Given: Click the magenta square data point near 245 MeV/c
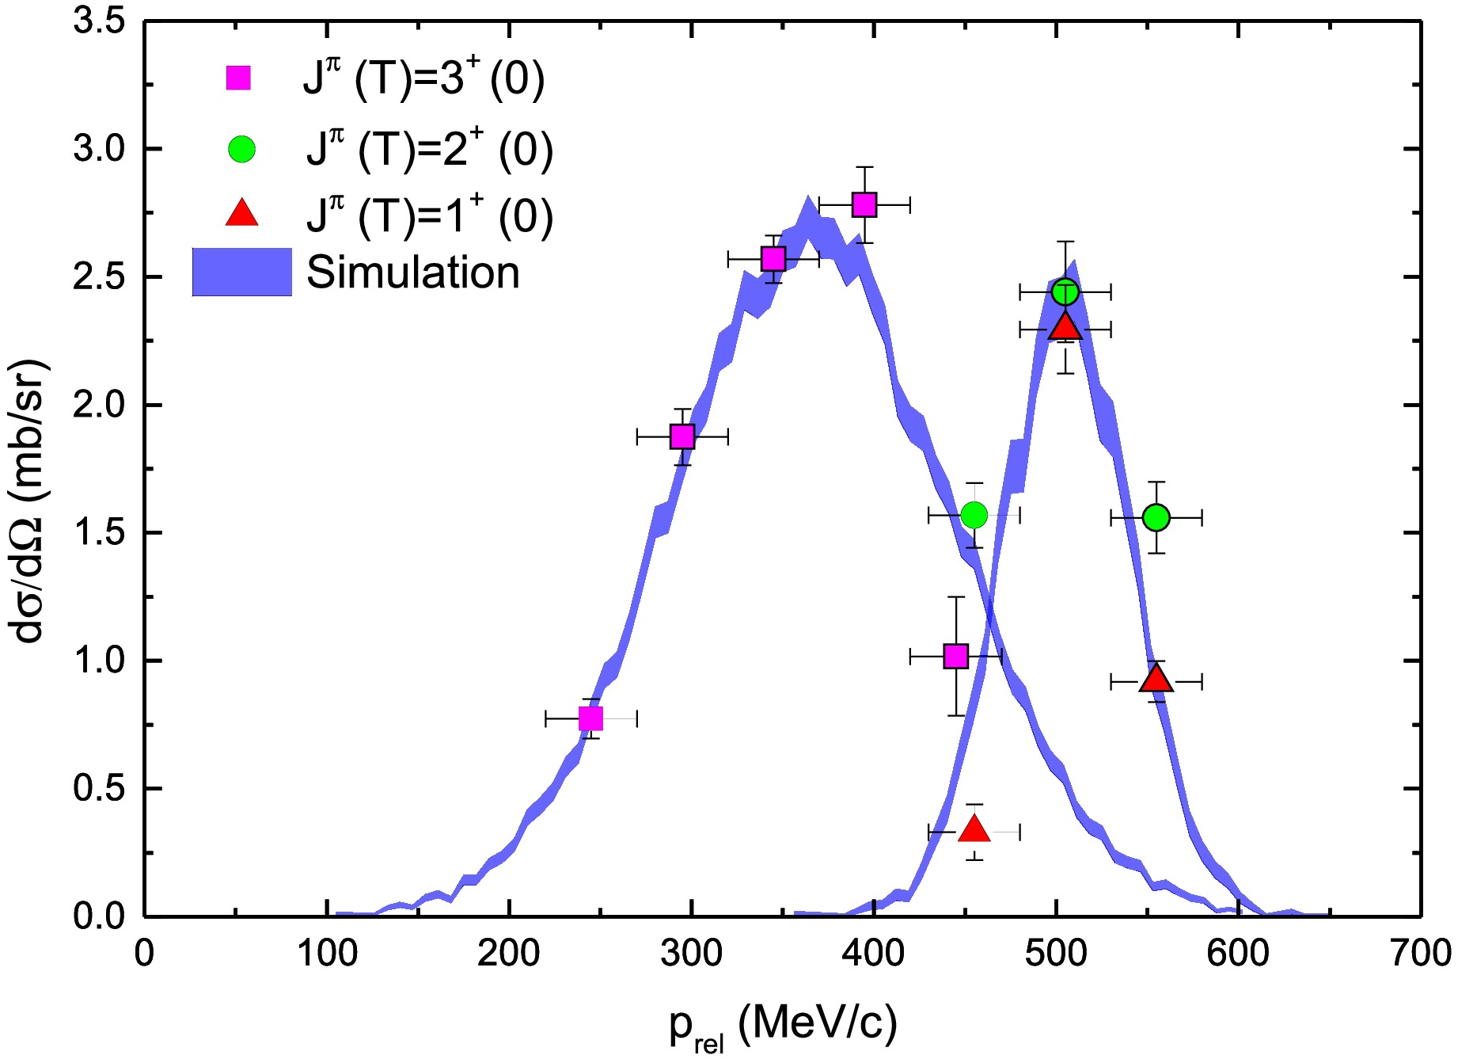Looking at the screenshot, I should (590, 718).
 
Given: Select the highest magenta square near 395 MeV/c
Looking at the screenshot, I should (864, 205).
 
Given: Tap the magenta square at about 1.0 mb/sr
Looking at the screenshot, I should (956, 657).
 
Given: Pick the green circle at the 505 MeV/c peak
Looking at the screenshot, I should (1065, 292).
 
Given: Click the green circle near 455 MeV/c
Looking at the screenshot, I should (974, 516).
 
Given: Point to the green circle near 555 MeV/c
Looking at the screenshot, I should (1156, 518).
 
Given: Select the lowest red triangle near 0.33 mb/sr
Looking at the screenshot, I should (974, 830).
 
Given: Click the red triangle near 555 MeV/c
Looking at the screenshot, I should (1156, 680).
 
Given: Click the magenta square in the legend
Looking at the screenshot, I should (238, 78).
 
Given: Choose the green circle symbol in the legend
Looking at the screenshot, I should (241, 149).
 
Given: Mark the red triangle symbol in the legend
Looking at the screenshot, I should (241, 215).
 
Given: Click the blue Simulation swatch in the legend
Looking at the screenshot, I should (241, 272).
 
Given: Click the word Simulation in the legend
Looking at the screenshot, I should (412, 272).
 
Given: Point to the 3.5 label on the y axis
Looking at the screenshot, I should (99, 21).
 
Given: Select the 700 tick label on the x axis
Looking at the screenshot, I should (1420, 953).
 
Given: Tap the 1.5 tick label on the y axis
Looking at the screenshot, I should (99, 533).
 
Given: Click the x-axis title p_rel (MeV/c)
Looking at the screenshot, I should (783, 1026).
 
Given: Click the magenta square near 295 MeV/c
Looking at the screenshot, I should (682, 436).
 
